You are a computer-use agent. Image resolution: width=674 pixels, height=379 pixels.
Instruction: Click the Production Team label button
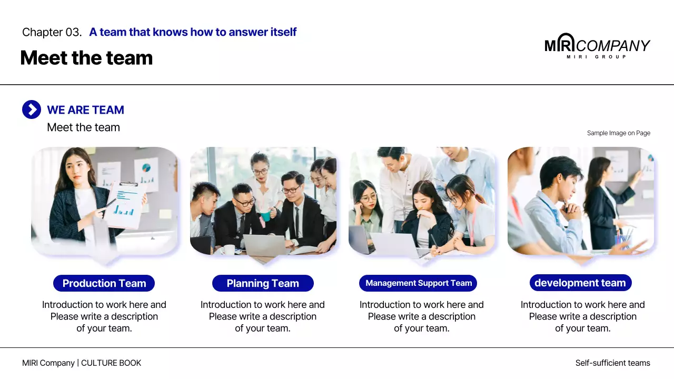click(x=104, y=283)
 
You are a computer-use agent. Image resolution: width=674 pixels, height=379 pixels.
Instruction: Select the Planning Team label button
click(x=263, y=283)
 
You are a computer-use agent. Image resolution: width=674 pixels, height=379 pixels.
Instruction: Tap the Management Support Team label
click(x=418, y=283)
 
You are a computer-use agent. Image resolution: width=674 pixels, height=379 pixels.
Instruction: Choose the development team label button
click(x=580, y=283)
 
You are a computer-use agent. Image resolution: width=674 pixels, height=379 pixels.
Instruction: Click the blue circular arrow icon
click(x=32, y=109)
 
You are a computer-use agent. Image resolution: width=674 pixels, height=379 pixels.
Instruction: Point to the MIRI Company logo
click(x=597, y=46)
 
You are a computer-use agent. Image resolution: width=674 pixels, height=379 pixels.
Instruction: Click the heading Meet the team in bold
click(x=86, y=58)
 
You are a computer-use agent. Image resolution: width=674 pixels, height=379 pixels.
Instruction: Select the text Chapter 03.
click(x=52, y=32)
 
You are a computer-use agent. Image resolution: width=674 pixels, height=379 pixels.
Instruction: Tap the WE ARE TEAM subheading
click(x=85, y=110)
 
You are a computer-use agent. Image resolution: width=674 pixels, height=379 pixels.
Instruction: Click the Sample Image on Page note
click(x=618, y=133)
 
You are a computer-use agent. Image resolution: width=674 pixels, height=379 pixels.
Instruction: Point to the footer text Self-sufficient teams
click(x=612, y=363)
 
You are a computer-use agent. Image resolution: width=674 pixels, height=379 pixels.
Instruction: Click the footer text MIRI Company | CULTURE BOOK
click(x=82, y=363)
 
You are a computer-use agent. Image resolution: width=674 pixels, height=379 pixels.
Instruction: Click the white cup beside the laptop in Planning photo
click(x=230, y=249)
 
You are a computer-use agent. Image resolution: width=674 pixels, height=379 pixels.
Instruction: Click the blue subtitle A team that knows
click(x=193, y=32)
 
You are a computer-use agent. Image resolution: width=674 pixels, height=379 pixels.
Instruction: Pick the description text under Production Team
click(x=104, y=316)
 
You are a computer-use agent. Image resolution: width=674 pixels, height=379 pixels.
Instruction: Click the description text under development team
click(x=582, y=316)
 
